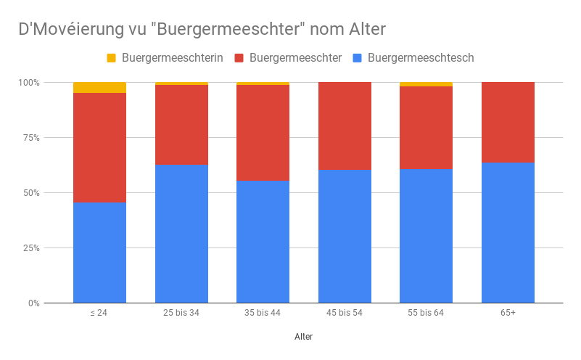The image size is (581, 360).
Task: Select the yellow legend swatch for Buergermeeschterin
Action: coord(111,57)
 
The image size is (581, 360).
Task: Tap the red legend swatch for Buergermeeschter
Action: coord(239,57)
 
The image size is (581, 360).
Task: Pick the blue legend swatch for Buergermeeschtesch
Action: coord(357,57)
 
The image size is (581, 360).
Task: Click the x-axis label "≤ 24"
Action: coord(99,313)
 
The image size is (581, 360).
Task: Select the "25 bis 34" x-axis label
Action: coord(181,313)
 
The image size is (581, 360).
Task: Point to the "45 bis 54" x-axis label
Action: coord(345,313)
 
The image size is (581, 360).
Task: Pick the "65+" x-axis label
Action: coord(508,313)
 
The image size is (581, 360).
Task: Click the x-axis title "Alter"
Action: coord(304,337)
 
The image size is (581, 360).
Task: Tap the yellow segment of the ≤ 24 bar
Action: coord(99,88)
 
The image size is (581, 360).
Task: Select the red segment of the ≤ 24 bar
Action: coord(99,148)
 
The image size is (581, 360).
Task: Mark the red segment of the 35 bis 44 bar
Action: coord(263,133)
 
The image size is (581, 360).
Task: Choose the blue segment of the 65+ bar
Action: coord(508,232)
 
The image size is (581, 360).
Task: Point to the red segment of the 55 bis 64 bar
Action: coord(426,128)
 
